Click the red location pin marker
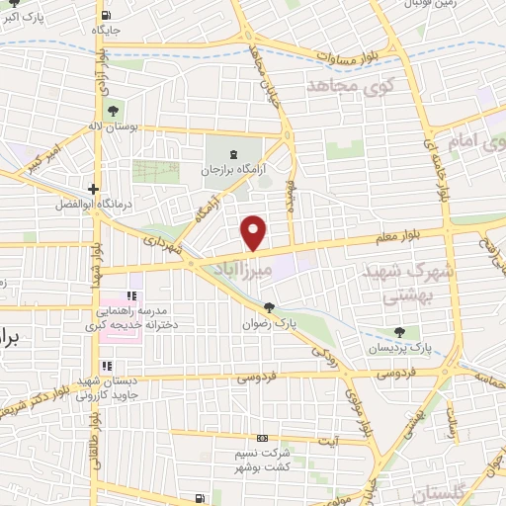254,232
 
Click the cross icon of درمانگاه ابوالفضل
93,189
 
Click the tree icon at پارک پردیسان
400,333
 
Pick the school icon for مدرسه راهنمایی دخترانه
129,295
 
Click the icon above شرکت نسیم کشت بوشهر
262,438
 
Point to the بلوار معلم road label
410,234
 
